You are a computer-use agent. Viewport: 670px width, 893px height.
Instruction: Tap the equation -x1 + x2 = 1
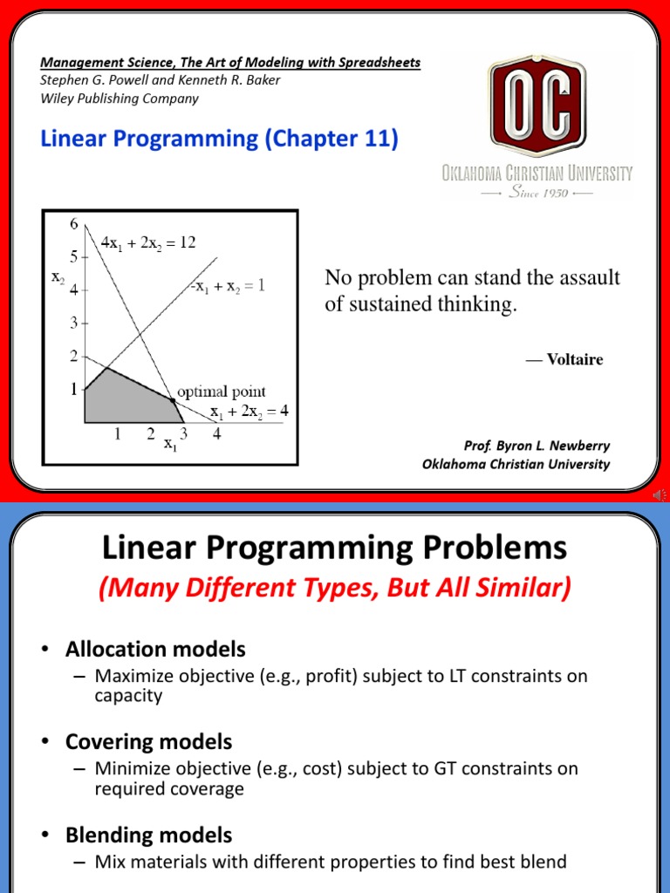pos(227,284)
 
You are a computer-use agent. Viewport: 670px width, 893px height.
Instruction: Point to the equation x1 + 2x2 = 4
pos(247,410)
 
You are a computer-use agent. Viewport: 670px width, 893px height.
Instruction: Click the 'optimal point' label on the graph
pos(222,392)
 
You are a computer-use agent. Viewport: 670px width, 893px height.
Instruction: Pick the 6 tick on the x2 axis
pos(73,223)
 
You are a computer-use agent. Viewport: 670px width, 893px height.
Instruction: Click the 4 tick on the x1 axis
pos(216,433)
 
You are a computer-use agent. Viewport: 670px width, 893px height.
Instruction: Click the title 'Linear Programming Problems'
pos(334,549)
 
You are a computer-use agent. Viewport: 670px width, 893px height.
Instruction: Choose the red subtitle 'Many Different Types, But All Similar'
pos(334,590)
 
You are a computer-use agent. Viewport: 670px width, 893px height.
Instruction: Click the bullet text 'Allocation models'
pos(155,649)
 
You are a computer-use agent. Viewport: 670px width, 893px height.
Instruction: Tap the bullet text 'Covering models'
pos(148,742)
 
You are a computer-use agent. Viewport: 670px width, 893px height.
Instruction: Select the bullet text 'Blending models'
pos(148,835)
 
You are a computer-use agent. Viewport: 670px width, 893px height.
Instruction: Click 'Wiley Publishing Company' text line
pos(120,98)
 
